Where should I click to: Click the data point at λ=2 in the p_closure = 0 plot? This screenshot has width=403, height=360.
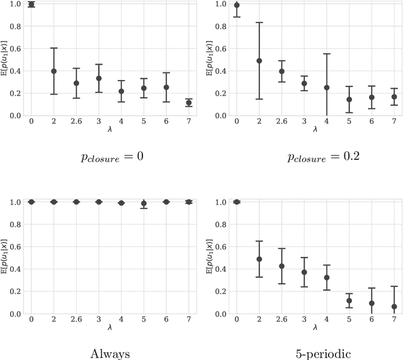tap(54, 71)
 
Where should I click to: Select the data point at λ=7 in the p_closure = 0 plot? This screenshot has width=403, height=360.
tap(189, 103)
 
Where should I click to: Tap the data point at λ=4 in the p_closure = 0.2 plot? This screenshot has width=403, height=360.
tap(327, 87)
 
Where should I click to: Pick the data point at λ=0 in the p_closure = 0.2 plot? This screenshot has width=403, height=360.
tap(237, 6)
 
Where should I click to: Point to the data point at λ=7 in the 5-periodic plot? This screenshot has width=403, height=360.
tap(394, 307)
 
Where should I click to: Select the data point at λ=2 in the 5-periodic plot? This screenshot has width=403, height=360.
tap(259, 259)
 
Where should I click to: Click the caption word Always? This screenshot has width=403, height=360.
tap(110, 354)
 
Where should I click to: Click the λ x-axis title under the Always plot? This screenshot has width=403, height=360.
tap(110, 328)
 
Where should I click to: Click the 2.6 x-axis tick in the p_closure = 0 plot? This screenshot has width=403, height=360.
tap(76, 121)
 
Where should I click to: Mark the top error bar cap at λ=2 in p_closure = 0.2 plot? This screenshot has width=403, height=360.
tap(259, 23)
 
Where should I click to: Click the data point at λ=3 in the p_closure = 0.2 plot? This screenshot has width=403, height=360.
tap(304, 83)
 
